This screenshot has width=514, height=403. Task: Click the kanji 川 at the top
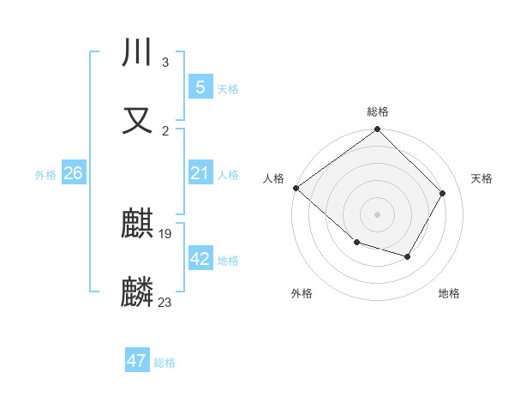[138, 54]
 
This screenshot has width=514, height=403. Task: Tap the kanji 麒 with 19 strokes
[138, 225]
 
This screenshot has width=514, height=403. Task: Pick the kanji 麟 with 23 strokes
[138, 292]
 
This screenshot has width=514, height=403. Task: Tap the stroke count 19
[166, 233]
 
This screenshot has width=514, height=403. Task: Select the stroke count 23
[165, 302]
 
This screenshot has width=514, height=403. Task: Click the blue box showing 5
[200, 87]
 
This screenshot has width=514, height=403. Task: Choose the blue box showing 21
[200, 173]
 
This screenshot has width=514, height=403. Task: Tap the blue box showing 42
[200, 259]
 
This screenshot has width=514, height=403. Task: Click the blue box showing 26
[74, 173]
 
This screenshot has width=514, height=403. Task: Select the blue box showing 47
[137, 361]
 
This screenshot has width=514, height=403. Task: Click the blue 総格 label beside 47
[164, 363]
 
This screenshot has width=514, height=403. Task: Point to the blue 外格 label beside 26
[45, 175]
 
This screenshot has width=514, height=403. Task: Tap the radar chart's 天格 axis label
[481, 178]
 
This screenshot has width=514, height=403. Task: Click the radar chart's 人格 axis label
[273, 178]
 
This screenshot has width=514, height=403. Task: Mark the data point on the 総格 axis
[377, 130]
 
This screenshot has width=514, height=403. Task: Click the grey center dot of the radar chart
[377, 214]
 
